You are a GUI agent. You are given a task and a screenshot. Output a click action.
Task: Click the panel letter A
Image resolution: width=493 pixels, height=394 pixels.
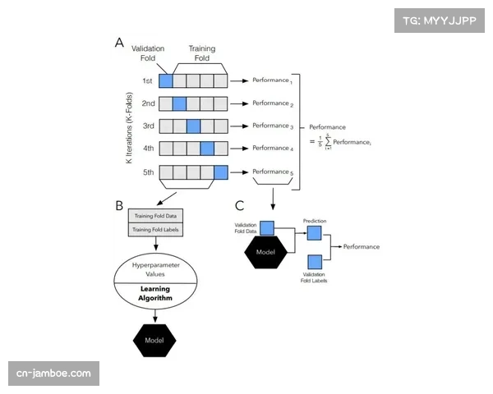[119, 44]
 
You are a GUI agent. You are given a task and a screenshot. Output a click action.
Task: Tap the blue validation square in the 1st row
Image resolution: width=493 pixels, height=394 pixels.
[166, 80]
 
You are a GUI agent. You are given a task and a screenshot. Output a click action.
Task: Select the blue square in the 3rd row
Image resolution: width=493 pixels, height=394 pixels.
[193, 126]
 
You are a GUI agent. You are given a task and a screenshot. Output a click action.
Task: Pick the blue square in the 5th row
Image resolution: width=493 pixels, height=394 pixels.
[220, 172]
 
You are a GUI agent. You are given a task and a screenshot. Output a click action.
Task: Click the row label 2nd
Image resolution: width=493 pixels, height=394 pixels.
[148, 103]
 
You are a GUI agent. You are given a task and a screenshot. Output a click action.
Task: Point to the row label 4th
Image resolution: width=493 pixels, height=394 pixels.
[148, 149]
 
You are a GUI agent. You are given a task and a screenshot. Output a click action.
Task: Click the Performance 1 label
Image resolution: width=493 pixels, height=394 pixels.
[271, 80]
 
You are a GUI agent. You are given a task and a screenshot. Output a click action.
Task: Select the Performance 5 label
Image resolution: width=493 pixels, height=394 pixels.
[271, 172]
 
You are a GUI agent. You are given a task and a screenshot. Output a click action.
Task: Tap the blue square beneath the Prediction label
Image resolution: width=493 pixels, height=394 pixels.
[314, 234]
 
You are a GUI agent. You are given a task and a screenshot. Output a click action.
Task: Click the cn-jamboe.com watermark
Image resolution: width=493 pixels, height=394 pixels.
[54, 374]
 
